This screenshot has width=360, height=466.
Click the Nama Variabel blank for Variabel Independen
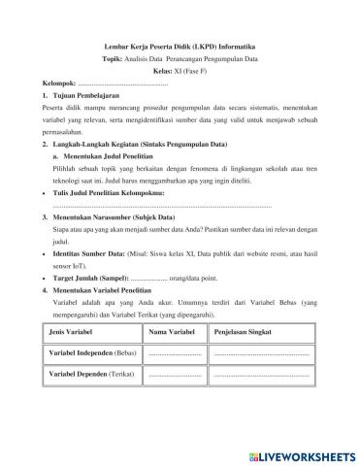click(176, 353)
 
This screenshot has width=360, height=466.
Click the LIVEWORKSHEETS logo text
click(304, 455)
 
